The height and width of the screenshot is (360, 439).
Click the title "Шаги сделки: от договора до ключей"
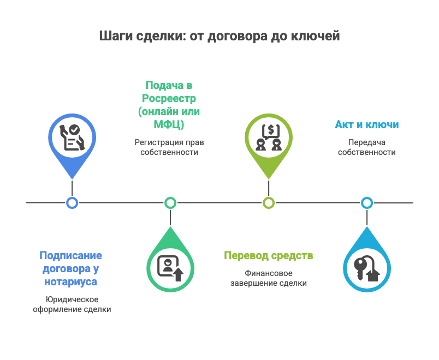[220, 36]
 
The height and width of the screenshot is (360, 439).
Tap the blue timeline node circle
[72, 203]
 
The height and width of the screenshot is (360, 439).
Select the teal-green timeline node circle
[170, 203]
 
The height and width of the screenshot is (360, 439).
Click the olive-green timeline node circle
[268, 203]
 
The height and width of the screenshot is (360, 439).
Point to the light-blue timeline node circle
[367, 203]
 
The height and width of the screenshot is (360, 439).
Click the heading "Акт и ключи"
[366, 125]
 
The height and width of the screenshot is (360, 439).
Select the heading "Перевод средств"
[269, 256]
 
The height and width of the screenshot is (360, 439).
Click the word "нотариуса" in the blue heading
[71, 282]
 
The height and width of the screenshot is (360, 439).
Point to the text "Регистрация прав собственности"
[169, 147]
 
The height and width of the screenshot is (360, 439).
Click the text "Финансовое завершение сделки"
[269, 278]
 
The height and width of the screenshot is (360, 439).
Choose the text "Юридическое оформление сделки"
[72, 304]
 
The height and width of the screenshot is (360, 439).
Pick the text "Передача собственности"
[366, 147]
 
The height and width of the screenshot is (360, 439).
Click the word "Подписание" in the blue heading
[71, 256]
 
